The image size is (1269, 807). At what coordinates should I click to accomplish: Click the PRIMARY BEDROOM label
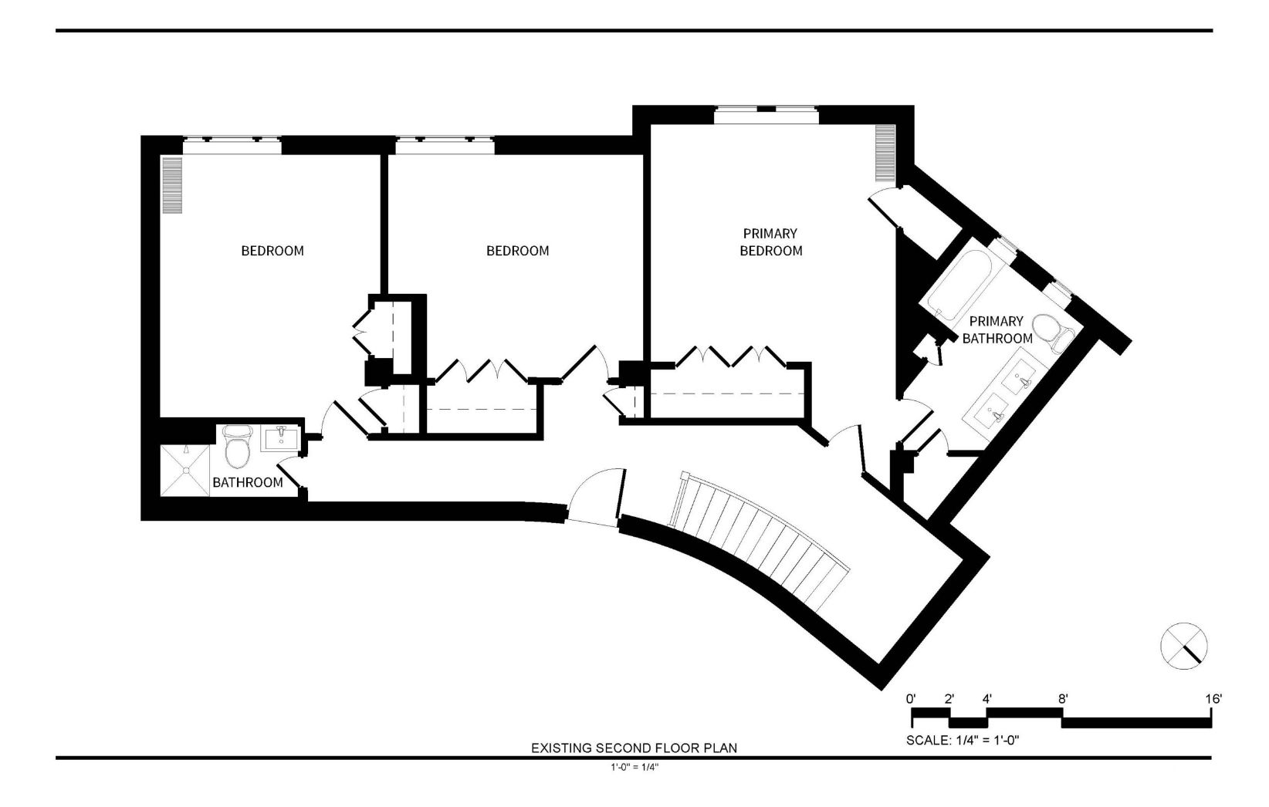[770, 241]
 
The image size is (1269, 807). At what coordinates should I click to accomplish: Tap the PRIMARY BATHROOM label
[997, 329]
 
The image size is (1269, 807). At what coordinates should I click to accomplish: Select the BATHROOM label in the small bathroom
[248, 482]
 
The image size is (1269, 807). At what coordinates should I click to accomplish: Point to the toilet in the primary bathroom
[1053, 333]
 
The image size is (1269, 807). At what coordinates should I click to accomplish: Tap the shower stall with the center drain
[184, 471]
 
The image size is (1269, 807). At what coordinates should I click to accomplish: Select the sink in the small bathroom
[280, 439]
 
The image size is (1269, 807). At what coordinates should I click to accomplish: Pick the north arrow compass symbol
[1183, 646]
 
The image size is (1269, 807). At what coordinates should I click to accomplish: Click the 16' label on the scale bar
[1213, 699]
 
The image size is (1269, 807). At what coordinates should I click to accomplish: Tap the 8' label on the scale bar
[1063, 699]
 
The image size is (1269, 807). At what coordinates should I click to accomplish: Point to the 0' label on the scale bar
[911, 699]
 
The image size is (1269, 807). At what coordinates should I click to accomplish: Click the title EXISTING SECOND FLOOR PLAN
[634, 748]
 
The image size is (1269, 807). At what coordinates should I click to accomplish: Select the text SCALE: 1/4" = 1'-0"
[963, 740]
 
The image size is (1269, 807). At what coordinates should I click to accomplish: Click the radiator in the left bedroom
[173, 185]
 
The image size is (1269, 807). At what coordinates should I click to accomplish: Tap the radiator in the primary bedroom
[885, 153]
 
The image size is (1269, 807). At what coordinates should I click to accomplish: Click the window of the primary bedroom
[766, 115]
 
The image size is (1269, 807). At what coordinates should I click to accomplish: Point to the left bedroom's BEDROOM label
[272, 251]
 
